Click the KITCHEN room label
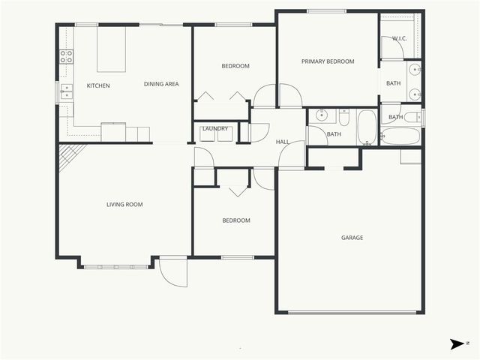click(x=98, y=85)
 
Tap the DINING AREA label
click(x=161, y=84)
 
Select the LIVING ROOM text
click(x=124, y=204)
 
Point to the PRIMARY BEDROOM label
click(x=328, y=61)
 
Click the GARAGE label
click(x=352, y=238)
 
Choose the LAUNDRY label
click(x=214, y=128)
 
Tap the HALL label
click(x=283, y=142)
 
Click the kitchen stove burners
click(x=67, y=55)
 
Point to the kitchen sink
click(x=67, y=91)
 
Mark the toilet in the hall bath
click(x=344, y=118)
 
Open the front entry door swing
click(x=173, y=271)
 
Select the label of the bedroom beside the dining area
click(x=235, y=67)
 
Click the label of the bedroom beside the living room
click(x=235, y=220)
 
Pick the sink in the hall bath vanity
click(x=321, y=115)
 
